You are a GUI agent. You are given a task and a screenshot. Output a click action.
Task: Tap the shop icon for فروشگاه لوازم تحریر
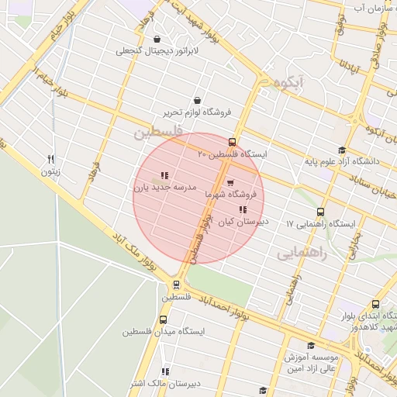[x=197, y=100]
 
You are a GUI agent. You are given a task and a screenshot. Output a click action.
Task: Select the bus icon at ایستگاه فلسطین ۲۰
[x=233, y=141]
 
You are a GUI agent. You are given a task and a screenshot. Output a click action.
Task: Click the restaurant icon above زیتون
[x=51, y=159]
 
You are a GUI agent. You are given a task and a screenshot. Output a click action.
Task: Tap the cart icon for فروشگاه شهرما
[x=230, y=183]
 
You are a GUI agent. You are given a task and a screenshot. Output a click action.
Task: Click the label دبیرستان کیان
[x=241, y=222]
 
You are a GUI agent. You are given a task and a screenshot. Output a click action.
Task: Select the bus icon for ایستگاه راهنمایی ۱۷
[x=320, y=212]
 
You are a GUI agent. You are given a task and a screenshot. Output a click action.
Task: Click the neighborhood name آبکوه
[x=281, y=82]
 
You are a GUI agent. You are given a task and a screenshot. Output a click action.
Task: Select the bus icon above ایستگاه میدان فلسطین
[x=164, y=319]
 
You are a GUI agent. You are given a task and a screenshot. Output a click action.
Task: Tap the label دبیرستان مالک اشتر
[x=164, y=383]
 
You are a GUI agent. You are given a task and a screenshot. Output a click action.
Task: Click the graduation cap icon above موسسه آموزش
[x=312, y=346]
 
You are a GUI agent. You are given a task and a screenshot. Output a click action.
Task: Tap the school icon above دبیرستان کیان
[x=243, y=209]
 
